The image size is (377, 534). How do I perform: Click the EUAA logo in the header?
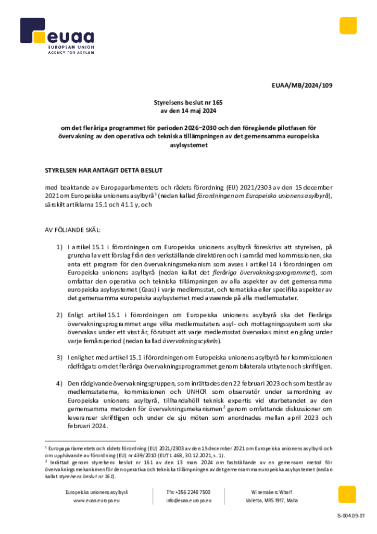click(x=57, y=37)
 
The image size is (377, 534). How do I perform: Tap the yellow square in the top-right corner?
click(x=348, y=26)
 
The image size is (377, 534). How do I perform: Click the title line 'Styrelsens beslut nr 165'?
click(x=188, y=103)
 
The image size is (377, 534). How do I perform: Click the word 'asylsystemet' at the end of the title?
click(x=188, y=145)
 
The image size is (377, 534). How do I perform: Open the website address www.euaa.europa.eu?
click(x=97, y=500)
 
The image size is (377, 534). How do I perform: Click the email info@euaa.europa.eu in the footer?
click(x=188, y=500)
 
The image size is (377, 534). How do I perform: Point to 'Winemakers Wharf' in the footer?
click(x=272, y=492)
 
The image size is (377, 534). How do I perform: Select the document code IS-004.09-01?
click(x=351, y=516)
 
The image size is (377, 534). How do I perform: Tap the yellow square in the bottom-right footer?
click(x=347, y=494)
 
